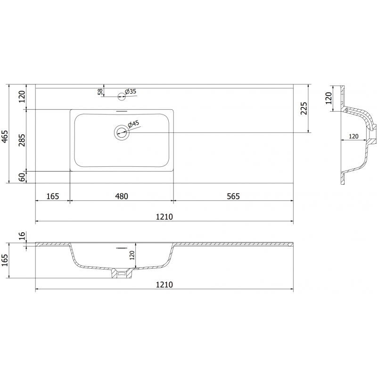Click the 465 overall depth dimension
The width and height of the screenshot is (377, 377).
5,135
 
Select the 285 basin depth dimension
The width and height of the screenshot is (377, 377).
21,140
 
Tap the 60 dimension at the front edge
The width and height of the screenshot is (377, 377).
21,177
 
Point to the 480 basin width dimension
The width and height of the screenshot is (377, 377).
122,196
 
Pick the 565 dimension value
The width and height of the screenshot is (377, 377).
232,196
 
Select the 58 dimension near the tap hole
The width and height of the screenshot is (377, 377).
100,91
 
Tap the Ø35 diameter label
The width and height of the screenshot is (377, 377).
130,91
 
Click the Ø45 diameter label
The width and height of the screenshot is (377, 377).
134,124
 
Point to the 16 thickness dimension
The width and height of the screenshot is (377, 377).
21,236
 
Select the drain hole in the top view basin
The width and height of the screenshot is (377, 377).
121,132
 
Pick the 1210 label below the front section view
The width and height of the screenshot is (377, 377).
164,285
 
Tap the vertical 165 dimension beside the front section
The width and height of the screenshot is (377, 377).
5,260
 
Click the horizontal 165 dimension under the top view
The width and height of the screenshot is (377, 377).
52,196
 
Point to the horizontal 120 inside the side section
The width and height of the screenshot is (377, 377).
353,136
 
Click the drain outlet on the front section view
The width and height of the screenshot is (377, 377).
121,273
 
